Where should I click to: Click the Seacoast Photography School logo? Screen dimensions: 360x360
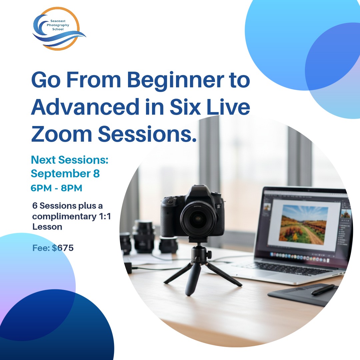pyautogui.click(x=59, y=29)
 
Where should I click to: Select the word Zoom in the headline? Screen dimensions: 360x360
pyautogui.click(x=62, y=134)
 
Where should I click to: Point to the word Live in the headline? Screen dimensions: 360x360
pyautogui.click(x=228, y=107)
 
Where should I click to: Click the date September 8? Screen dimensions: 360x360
pyautogui.click(x=65, y=174)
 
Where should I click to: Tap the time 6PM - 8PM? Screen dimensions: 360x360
pyautogui.click(x=56, y=188)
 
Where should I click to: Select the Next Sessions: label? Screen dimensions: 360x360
pyautogui.click(x=70, y=160)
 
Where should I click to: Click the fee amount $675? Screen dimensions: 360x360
pyautogui.click(x=63, y=248)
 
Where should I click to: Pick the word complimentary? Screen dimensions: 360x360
pyautogui.click(x=65, y=217)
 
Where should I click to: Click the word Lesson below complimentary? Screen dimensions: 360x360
pyautogui.click(x=47, y=227)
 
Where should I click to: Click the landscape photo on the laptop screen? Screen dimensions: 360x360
pyautogui.click(x=303, y=224)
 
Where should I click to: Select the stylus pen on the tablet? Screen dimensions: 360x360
pyautogui.click(x=323, y=290)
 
